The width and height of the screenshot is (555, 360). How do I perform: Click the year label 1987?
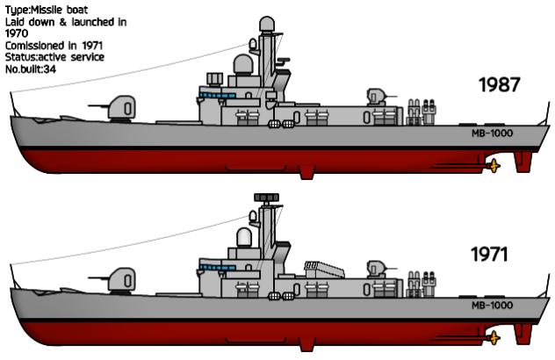(x=500, y=84)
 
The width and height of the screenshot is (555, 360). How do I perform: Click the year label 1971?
(x=489, y=254)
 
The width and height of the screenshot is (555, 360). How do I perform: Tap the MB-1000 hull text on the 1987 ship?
(x=492, y=133)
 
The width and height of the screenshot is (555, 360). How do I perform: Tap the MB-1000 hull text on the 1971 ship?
(x=492, y=306)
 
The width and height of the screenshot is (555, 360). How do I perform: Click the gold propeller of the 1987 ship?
(x=494, y=165)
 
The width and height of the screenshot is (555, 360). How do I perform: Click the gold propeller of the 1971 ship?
(x=494, y=337)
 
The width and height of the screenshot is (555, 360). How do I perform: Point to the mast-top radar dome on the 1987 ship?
(x=267, y=24)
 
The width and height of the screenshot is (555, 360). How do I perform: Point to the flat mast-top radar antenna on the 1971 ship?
(x=267, y=198)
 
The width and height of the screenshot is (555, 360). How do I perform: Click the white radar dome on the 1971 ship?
(x=244, y=237)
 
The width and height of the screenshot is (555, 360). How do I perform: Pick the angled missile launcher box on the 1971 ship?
(x=324, y=270)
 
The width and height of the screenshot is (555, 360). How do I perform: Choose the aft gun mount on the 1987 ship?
(x=378, y=97)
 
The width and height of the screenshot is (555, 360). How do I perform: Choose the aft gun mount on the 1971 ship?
(x=378, y=270)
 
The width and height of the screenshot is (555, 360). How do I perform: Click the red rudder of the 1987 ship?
(x=523, y=162)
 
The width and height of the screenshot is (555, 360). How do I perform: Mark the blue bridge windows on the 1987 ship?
(x=217, y=96)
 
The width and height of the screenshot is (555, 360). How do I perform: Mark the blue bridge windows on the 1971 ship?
(x=217, y=268)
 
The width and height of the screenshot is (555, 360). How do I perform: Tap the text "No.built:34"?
(x=31, y=69)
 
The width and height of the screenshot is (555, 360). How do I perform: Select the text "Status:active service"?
(x=54, y=57)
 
